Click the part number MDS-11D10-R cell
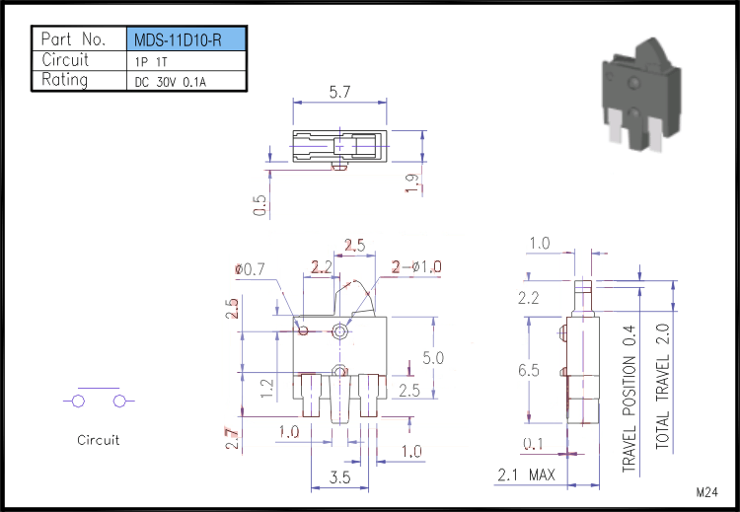point(185,39)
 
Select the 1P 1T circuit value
point(151,62)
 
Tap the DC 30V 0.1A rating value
point(171,82)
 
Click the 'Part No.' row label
point(73,38)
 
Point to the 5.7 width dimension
point(339,92)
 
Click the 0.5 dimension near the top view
point(259,205)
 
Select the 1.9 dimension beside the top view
point(411,183)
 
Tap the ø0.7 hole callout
point(251,269)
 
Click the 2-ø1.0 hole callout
point(416,267)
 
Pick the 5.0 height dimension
point(433,358)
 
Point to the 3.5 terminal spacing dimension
point(339,477)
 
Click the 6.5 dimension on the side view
point(529,370)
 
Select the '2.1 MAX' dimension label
point(526,475)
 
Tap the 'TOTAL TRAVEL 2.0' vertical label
point(663,386)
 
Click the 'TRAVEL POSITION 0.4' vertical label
point(629,399)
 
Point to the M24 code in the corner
point(707,492)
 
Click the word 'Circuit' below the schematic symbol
point(98,440)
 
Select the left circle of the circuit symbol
point(78,402)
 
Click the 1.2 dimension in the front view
point(267,389)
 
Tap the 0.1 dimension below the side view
point(533,444)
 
